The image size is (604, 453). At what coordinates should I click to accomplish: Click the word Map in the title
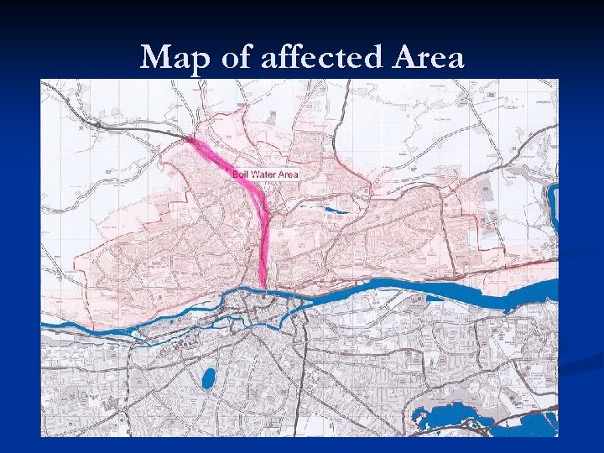coord(174,58)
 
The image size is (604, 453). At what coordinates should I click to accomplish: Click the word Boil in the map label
coord(242,174)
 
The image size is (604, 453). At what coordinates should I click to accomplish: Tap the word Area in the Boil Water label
coord(288,174)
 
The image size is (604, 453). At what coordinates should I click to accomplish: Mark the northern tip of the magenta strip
coord(190,140)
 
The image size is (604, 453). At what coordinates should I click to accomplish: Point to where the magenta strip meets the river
coord(264,288)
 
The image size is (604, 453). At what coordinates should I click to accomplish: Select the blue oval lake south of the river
coord(208,378)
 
